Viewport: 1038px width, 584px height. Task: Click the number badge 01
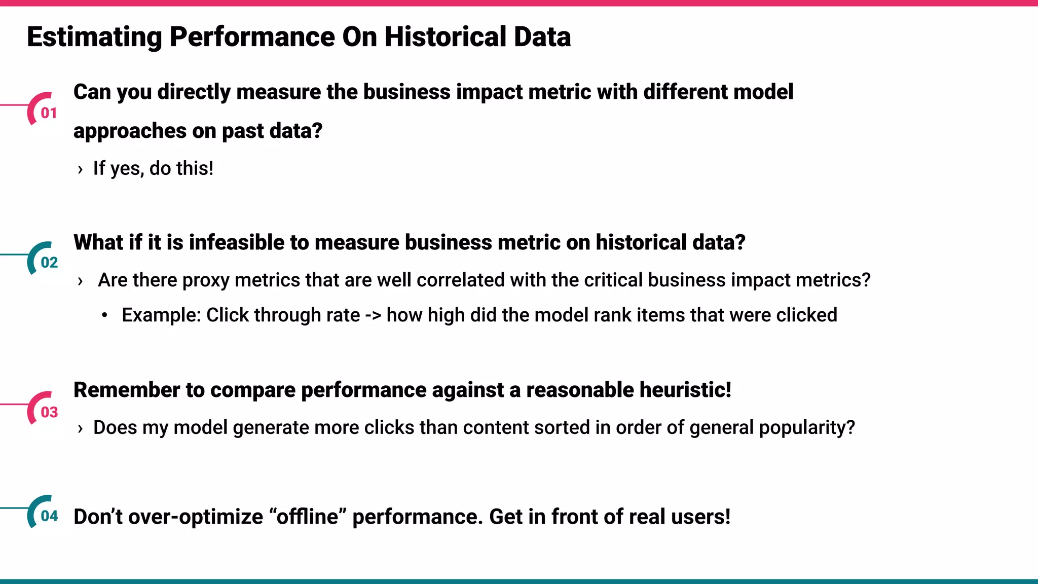pos(48,113)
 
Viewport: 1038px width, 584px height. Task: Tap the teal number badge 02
pos(49,262)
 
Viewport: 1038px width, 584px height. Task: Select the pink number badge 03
pos(49,412)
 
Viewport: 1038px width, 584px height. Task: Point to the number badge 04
pos(49,516)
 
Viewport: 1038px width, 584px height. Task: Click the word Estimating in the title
pos(94,37)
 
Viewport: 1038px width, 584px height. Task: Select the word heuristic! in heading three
pos(685,390)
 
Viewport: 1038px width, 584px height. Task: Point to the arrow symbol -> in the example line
pos(373,315)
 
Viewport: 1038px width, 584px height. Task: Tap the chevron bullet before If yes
pos(80,169)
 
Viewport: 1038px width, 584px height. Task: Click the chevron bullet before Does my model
pos(80,429)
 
